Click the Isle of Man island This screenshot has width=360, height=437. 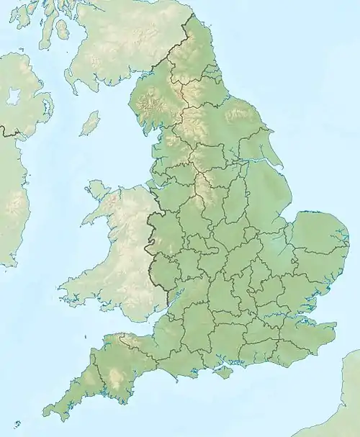pyautogui.click(x=90, y=123)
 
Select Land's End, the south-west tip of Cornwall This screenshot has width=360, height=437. pyautogui.click(x=45, y=415)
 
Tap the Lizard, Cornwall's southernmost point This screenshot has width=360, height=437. pyautogui.click(x=66, y=425)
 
